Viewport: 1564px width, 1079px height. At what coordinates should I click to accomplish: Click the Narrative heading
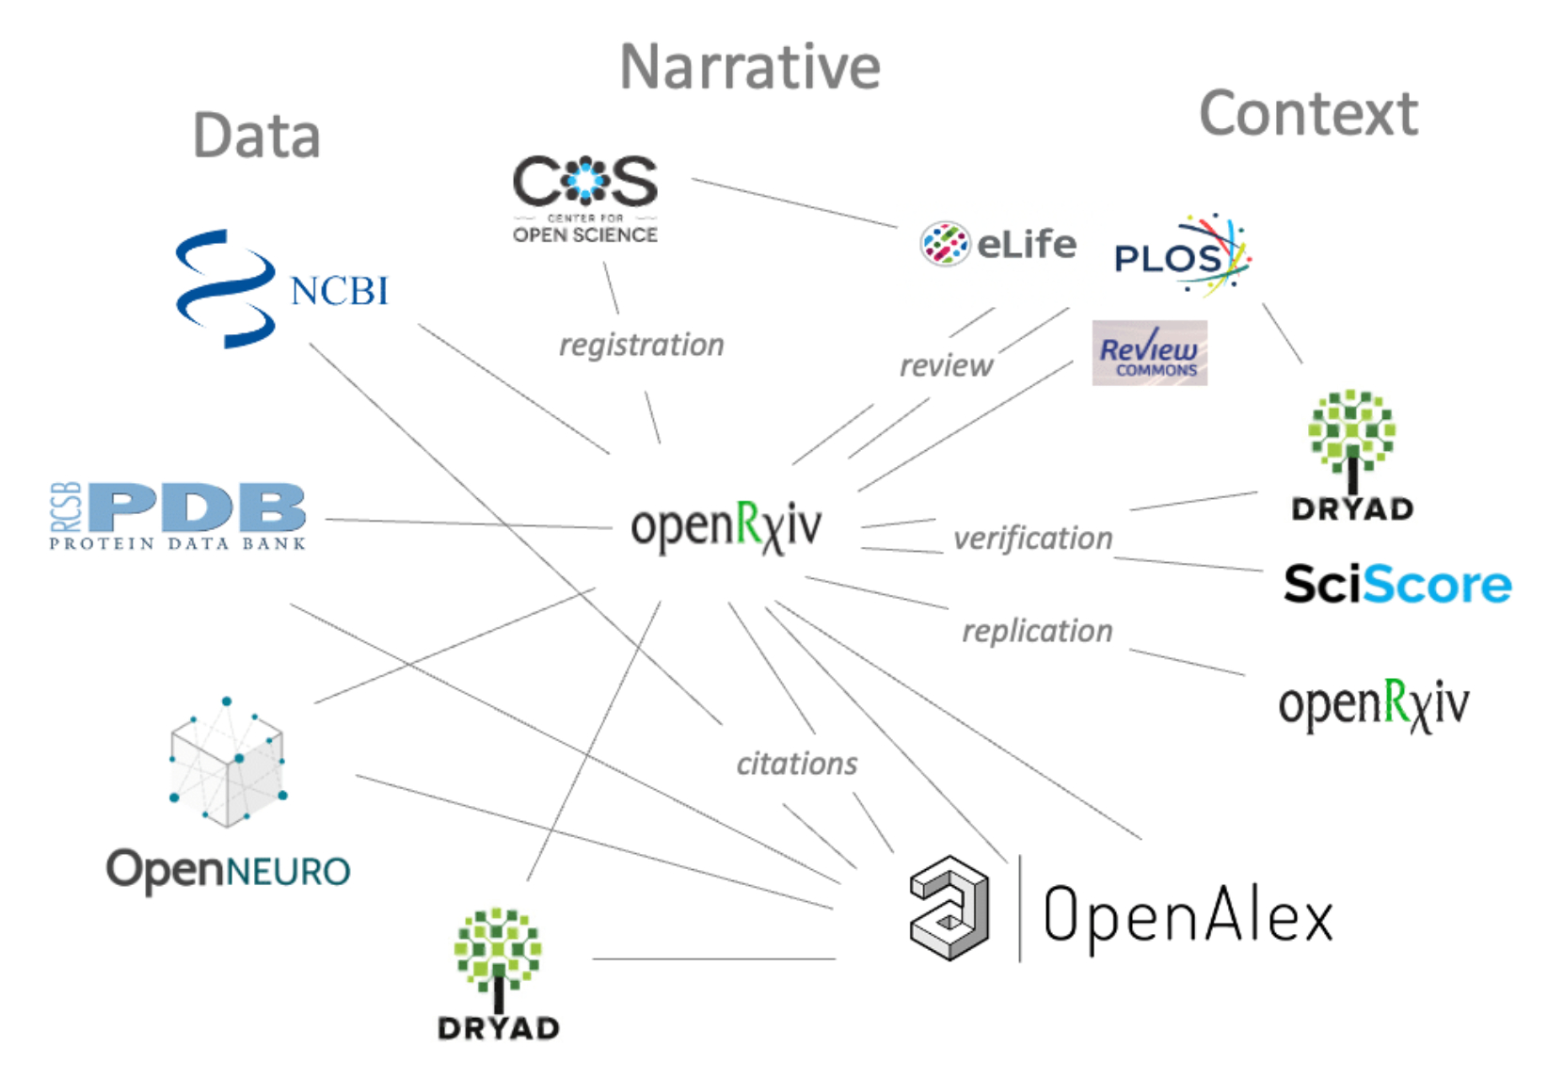pos(750,68)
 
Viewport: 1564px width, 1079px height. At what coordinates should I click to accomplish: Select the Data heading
pos(256,136)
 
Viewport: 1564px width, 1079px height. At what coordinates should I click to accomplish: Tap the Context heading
pos(1308,114)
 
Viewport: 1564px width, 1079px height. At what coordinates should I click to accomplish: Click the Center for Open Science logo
pos(584,199)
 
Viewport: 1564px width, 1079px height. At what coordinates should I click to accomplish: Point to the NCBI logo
pos(281,289)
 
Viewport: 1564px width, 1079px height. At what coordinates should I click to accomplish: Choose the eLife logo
pos(998,244)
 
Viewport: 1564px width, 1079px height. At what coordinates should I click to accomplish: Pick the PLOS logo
pos(1182,255)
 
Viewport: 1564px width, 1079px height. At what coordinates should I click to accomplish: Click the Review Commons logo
pos(1149,354)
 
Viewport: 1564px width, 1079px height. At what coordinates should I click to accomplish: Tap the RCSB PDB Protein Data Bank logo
pos(178,516)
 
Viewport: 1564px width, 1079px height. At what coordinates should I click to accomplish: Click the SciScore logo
pos(1397,584)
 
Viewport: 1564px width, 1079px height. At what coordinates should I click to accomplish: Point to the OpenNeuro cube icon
pos(228,764)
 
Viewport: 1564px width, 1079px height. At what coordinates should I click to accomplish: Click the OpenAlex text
pos(1188,913)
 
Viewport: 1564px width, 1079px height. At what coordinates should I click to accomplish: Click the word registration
pos(642,346)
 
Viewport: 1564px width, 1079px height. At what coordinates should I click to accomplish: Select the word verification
pos(1032,539)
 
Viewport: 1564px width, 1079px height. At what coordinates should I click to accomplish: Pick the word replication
pos(1037,631)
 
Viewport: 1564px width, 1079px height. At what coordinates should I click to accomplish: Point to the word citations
pos(797,764)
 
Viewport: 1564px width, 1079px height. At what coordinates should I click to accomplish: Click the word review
pos(946,365)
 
